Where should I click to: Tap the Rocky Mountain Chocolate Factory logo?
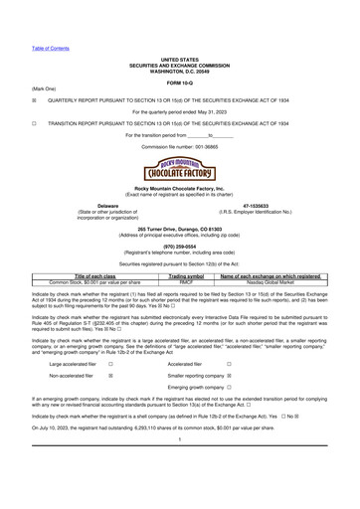click(x=180, y=165)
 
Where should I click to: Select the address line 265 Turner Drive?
click(x=180, y=228)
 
